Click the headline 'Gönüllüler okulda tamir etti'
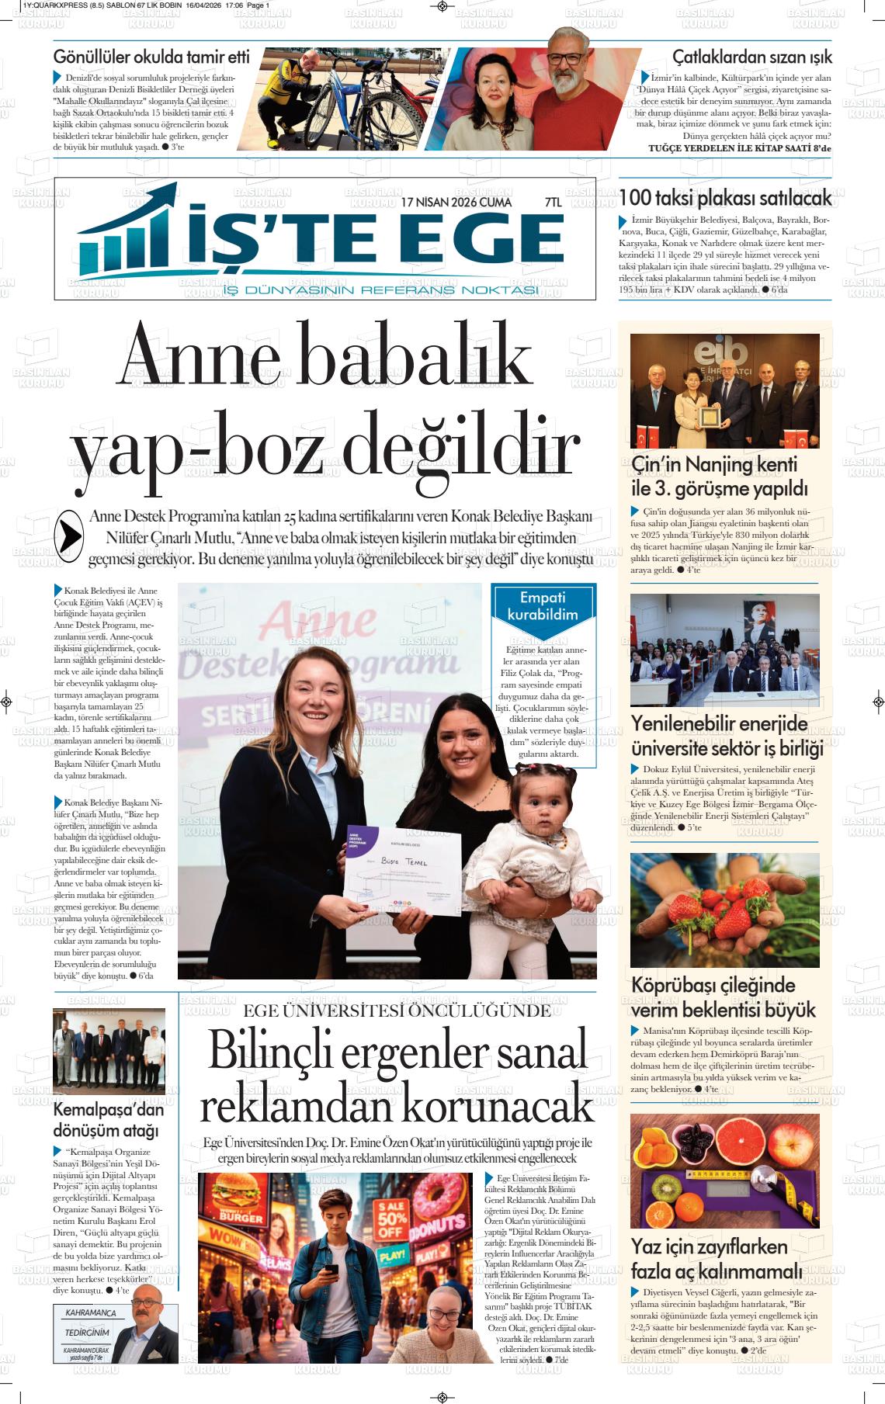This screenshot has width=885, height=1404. pyautogui.click(x=151, y=57)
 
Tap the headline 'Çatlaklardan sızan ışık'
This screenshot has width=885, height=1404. pyautogui.click(x=751, y=57)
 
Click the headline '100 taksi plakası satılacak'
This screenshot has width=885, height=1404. pyautogui.click(x=725, y=198)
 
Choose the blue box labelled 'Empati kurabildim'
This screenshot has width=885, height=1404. pyautogui.click(x=543, y=605)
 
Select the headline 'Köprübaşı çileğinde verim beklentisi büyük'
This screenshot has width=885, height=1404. pyautogui.click(x=723, y=997)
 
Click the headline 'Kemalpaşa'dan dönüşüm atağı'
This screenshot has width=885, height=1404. pyautogui.click(x=108, y=1120)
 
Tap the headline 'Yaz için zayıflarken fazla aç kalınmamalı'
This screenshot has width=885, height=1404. pyautogui.click(x=716, y=1259)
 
